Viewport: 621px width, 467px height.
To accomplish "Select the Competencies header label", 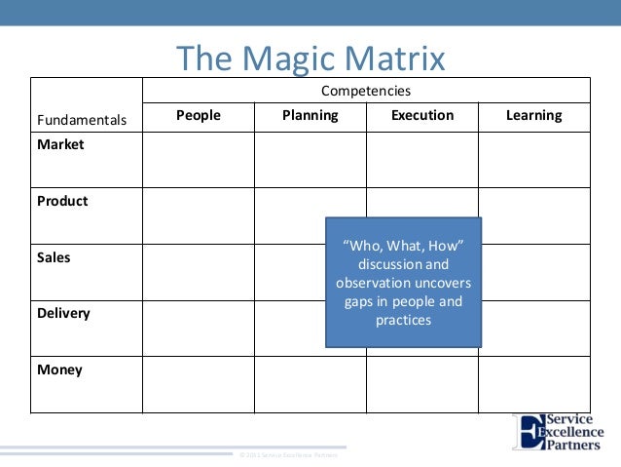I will pyautogui.click(x=366, y=91).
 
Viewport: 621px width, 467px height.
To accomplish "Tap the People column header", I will pyautogui.click(x=199, y=115).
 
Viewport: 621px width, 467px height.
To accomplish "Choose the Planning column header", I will pyautogui.click(x=310, y=115).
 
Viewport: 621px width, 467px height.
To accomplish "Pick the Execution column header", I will pyautogui.click(x=421, y=115).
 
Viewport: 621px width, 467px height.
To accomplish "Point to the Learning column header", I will pyautogui.click(x=533, y=115).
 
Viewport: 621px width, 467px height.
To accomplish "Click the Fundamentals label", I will pyautogui.click(x=82, y=121).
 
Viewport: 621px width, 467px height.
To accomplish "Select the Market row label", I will pyautogui.click(x=60, y=144).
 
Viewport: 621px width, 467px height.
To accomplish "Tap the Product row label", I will pyautogui.click(x=62, y=201).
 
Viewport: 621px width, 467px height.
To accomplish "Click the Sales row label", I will pyautogui.click(x=54, y=257).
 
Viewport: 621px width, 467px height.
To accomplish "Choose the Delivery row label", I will pyautogui.click(x=63, y=313).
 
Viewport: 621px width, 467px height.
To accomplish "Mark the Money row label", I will pyautogui.click(x=59, y=370).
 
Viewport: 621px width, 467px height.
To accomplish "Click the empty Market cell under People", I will pyautogui.click(x=199, y=160).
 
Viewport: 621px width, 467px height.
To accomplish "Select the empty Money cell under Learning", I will pyautogui.click(x=533, y=385).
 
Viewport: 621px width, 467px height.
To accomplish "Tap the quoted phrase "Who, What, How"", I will pyautogui.click(x=403, y=243).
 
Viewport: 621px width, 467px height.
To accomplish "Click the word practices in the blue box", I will pyautogui.click(x=403, y=320).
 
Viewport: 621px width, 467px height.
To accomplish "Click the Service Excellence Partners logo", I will pyautogui.click(x=559, y=433).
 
